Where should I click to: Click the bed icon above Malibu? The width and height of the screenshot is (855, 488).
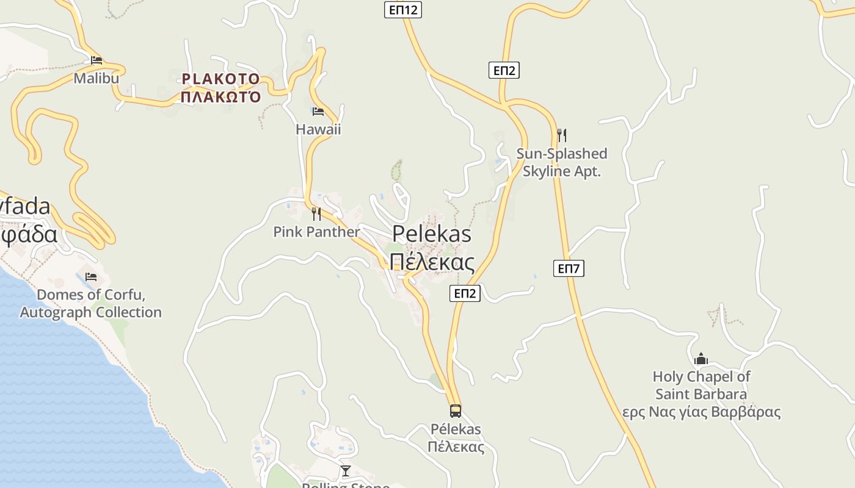tap(96, 60)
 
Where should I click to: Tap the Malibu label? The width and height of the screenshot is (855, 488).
tap(96, 78)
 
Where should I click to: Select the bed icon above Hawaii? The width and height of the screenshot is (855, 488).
tap(318, 112)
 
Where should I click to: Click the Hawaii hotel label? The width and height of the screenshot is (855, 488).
tap(318, 129)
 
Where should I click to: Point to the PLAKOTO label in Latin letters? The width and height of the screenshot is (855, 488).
tap(220, 79)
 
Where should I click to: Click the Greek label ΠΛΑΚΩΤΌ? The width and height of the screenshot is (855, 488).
tap(221, 97)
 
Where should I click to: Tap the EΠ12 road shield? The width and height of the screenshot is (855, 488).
tap(403, 10)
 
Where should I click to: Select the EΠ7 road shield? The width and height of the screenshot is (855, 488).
tap(569, 268)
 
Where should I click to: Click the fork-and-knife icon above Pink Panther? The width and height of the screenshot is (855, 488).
tap(316, 213)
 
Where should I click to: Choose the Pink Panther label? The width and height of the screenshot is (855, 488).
tap(316, 232)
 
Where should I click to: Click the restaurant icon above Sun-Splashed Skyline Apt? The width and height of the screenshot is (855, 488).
tap(562, 135)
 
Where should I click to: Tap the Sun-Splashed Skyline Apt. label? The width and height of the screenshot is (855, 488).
tap(562, 162)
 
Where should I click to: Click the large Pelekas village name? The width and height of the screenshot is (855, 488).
tap(432, 234)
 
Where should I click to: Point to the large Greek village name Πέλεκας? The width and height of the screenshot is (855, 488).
tap(432, 262)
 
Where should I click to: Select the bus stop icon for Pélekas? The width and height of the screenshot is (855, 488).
tap(456, 411)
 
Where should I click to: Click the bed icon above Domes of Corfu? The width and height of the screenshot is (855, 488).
tap(91, 277)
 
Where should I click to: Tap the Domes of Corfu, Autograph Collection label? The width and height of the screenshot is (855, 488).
tap(91, 304)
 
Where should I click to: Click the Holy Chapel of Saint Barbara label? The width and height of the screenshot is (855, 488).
tap(701, 386)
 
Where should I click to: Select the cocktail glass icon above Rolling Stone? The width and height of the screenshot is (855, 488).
tap(346, 470)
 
